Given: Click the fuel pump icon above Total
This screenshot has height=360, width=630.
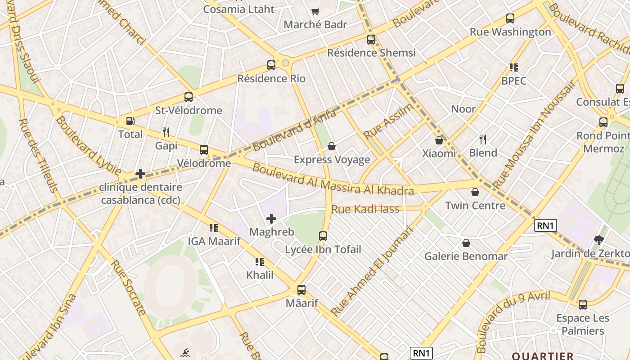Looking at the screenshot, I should (x=130, y=121).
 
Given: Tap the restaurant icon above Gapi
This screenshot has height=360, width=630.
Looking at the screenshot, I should (x=166, y=132).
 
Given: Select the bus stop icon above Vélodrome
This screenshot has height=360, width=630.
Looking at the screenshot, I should (x=204, y=150).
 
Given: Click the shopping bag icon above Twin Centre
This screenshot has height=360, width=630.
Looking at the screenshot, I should (x=475, y=192).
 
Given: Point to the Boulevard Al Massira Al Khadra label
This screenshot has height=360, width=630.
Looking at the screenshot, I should (x=333, y=179).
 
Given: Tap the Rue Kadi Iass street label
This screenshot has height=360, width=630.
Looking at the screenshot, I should (x=365, y=209).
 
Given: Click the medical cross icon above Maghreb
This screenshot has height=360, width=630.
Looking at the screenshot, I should (x=271, y=219).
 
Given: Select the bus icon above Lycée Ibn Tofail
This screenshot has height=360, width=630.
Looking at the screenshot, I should (x=323, y=236).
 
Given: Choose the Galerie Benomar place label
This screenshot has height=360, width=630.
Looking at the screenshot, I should (x=466, y=256).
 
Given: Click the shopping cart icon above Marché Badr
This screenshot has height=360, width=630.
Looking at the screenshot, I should (x=315, y=11).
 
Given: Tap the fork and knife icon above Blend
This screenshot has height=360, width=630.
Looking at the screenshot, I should (x=483, y=139).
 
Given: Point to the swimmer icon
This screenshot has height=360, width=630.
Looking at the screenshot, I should (x=184, y=352).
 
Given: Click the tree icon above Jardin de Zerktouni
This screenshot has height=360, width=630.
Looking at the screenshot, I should (x=598, y=240).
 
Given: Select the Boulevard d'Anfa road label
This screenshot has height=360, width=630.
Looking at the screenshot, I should (x=294, y=130).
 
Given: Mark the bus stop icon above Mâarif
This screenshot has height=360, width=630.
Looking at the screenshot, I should (x=301, y=290).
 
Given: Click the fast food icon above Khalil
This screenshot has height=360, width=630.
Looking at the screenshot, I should (x=259, y=261).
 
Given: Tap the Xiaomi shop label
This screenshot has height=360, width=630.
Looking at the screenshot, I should (x=439, y=153).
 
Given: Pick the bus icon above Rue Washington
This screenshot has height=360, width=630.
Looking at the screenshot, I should (x=510, y=18).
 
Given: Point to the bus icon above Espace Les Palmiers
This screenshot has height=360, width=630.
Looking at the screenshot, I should (x=583, y=305).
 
